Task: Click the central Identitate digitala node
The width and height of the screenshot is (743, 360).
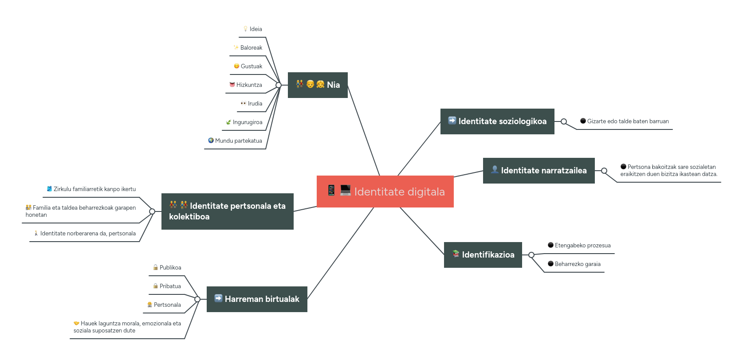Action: pyautogui.click(x=385, y=192)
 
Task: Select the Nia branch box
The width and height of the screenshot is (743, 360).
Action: pyautogui.click(x=318, y=85)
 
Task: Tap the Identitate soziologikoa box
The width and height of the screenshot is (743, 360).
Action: pyautogui.click(x=497, y=121)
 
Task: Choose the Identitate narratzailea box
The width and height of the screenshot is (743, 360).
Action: pyautogui.click(x=539, y=171)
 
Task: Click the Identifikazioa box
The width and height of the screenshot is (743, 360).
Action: pyautogui.click(x=483, y=255)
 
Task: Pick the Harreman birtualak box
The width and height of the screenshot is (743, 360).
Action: pyautogui.click(x=257, y=299)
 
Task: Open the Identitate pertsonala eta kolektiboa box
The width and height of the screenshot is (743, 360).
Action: pyautogui.click(x=227, y=211)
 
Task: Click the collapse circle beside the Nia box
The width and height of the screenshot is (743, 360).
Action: pyautogui.click(x=279, y=85)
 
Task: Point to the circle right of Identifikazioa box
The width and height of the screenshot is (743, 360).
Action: pyautogui.click(x=531, y=255)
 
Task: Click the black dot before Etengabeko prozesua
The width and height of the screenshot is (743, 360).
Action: pyautogui.click(x=550, y=245)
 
